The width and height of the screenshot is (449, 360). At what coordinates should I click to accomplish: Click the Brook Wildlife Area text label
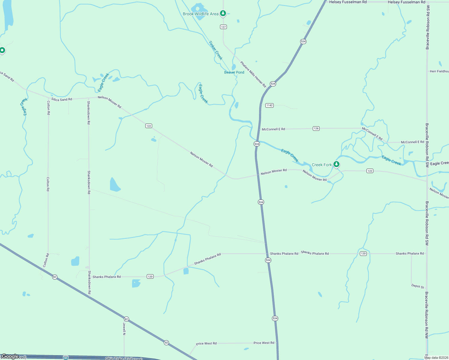200,14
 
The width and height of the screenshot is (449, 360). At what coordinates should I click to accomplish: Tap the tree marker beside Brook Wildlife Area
223,13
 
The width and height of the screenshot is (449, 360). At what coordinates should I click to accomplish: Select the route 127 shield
223,27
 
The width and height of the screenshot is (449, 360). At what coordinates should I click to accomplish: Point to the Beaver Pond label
234,72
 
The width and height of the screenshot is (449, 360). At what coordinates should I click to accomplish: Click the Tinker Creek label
216,50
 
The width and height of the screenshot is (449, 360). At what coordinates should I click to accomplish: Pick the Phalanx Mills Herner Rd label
253,74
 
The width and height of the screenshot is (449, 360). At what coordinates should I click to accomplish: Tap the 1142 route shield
269,105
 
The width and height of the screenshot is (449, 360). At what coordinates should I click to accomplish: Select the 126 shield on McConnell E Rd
316,128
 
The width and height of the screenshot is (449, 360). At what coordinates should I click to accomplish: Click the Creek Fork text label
322,165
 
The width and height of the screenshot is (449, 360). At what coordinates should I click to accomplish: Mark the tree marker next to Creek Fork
336,164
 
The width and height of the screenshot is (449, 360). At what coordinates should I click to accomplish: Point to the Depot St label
417,286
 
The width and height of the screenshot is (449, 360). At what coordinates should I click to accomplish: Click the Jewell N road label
124,329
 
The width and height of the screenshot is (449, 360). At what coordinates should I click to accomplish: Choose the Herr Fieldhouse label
439,71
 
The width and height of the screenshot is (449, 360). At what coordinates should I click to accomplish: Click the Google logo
10,356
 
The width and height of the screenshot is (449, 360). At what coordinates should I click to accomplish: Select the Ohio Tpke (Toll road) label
124,358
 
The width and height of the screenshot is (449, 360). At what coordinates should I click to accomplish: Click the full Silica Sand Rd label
62,99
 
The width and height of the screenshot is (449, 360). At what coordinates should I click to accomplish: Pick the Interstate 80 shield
66,358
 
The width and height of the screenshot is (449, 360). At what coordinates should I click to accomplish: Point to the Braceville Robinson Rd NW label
426,315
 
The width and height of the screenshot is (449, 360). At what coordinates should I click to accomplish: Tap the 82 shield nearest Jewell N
126,319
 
